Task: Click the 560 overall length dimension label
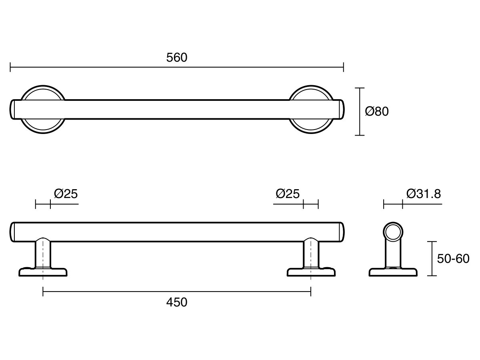click(x=177, y=58)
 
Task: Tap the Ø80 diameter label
click(x=377, y=111)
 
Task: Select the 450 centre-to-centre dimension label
click(x=177, y=302)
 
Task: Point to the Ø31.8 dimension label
click(x=424, y=194)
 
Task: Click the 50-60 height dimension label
click(x=453, y=258)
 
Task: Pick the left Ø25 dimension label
click(x=66, y=194)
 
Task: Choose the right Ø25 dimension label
click(x=288, y=194)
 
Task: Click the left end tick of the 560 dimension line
click(x=10, y=67)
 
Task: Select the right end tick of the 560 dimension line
click(x=344, y=67)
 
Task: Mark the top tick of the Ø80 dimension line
click(x=360, y=88)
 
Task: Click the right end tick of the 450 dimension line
click(x=311, y=292)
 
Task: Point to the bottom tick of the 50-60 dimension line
click(x=432, y=276)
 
